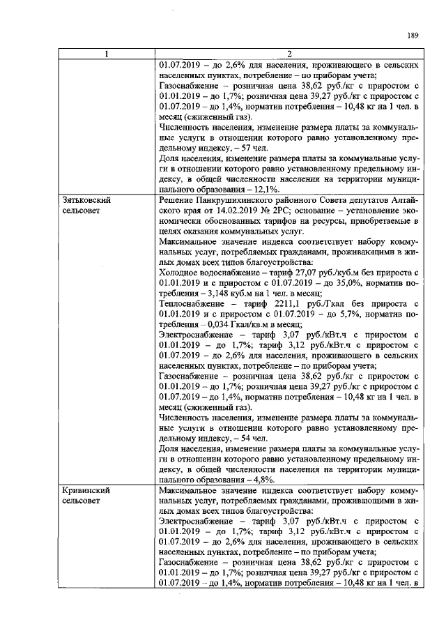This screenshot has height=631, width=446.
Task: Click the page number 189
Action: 412,37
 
